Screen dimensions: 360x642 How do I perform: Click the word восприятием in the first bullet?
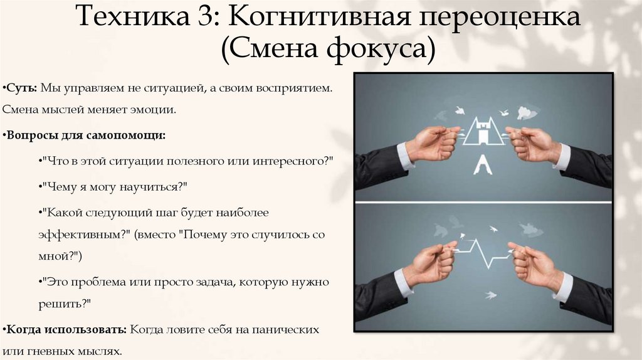(294, 89)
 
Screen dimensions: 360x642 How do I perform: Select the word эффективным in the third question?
(81, 234)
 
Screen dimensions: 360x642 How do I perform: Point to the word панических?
(287, 329)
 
